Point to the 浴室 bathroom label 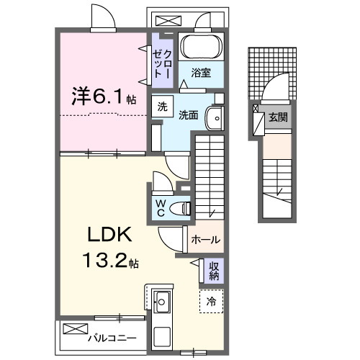(201, 73)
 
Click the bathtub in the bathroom (202, 47)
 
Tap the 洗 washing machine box (163, 106)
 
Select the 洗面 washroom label (189, 114)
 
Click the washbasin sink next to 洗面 (215, 118)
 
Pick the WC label (162, 207)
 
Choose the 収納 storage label (214, 271)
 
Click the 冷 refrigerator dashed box (212, 301)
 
